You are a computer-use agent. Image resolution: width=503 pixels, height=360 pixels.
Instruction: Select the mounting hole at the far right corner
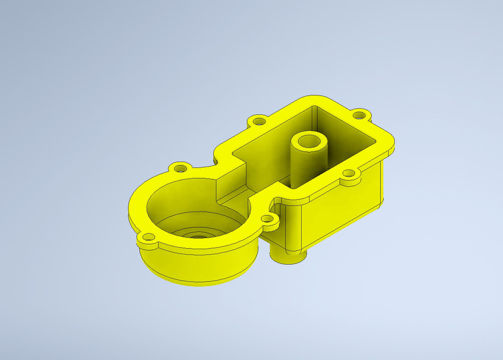pyautogui.click(x=358, y=115)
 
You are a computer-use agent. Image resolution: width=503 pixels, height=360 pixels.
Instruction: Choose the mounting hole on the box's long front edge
pyautogui.click(x=349, y=174)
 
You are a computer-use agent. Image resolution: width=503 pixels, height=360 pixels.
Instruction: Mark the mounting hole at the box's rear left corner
pyautogui.click(x=259, y=121)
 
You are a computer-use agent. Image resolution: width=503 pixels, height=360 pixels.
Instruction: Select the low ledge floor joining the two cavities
pyautogui.click(x=236, y=197)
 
